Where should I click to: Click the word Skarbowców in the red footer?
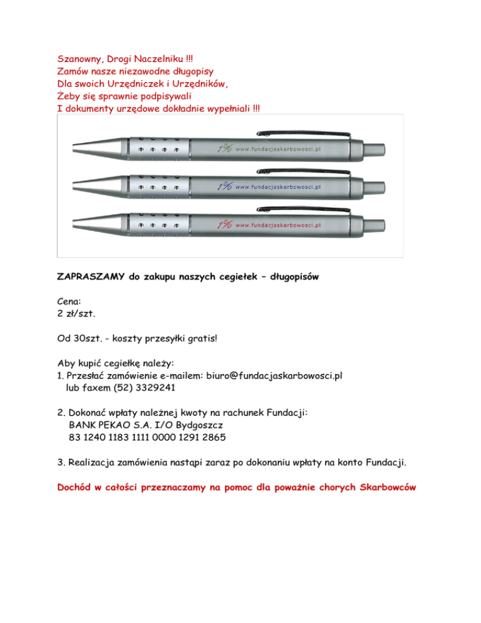(x=381, y=486)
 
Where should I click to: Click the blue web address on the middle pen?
(x=278, y=187)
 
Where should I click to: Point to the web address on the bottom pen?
(x=278, y=223)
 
